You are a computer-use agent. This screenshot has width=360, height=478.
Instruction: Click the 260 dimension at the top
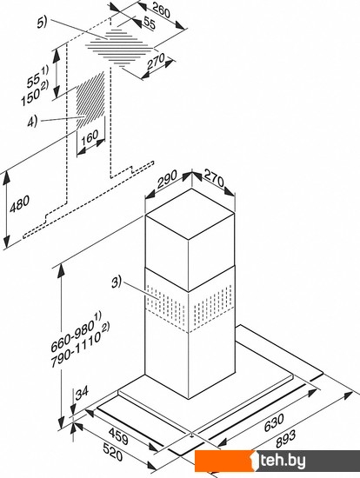pyautogui.click(x=161, y=10)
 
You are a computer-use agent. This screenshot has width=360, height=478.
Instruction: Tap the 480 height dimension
pyautogui.click(x=19, y=203)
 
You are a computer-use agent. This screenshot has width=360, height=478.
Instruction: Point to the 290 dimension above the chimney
pyautogui.click(x=167, y=180)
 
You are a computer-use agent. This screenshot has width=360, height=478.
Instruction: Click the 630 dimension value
pyautogui.click(x=274, y=422)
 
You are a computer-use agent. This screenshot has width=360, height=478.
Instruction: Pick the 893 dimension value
pyautogui.click(x=285, y=439)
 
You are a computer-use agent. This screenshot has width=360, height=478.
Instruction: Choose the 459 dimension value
pyautogui.click(x=118, y=436)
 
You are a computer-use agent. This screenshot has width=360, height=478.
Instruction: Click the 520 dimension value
pyautogui.click(x=112, y=452)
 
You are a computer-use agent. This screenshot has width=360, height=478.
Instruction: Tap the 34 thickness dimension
pyautogui.click(x=82, y=393)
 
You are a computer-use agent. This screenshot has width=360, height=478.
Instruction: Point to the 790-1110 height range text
pyautogui.click(x=81, y=345)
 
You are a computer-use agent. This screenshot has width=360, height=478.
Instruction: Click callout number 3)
pyautogui.click(x=117, y=282)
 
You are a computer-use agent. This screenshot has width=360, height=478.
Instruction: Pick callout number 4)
pyautogui.click(x=32, y=121)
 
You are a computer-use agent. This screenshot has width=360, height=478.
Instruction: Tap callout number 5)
pyautogui.click(x=42, y=23)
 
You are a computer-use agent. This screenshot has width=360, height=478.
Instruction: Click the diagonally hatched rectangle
pyautogui.click(x=90, y=100)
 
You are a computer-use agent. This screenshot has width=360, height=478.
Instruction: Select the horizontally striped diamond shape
pyautogui.click(x=119, y=48)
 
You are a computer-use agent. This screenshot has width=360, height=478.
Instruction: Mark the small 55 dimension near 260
pyautogui.click(x=150, y=23)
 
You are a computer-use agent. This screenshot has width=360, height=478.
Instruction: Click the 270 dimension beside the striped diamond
pyautogui.click(x=156, y=62)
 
